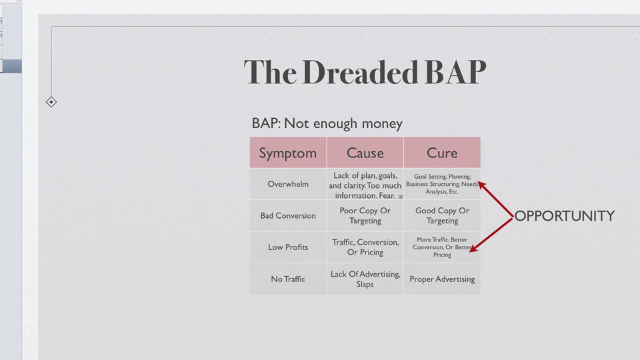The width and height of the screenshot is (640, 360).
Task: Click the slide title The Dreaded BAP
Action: tap(365, 72)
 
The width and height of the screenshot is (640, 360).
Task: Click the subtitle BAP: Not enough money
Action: tap(327, 123)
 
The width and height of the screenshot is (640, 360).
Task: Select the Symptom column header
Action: tap(288, 153)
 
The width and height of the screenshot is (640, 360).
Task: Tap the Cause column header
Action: tap(365, 153)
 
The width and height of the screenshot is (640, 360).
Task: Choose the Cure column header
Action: tap(442, 153)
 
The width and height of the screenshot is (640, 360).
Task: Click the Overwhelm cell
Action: tap(288, 184)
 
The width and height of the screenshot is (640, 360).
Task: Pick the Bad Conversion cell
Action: tap(288, 215)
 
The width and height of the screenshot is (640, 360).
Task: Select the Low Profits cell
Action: tap(288, 247)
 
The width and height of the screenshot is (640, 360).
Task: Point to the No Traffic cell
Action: tap(288, 279)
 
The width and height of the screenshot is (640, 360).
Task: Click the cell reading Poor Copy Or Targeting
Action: tap(365, 215)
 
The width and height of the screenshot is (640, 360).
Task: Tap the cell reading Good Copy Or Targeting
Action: tap(442, 215)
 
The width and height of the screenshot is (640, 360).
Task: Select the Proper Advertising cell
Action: tap(442, 279)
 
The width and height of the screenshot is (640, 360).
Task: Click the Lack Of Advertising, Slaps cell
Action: tap(365, 279)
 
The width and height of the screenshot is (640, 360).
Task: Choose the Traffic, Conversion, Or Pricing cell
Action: tap(365, 247)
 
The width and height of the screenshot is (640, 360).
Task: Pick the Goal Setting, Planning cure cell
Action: tap(442, 184)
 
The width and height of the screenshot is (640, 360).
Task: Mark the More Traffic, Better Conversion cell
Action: tap(442, 247)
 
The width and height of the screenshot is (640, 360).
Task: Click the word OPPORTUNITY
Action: tap(565, 216)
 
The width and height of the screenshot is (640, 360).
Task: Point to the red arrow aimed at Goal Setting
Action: tap(495, 199)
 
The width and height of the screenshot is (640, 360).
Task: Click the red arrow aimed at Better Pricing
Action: tap(491, 235)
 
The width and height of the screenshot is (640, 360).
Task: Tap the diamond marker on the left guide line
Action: tap(51, 102)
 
